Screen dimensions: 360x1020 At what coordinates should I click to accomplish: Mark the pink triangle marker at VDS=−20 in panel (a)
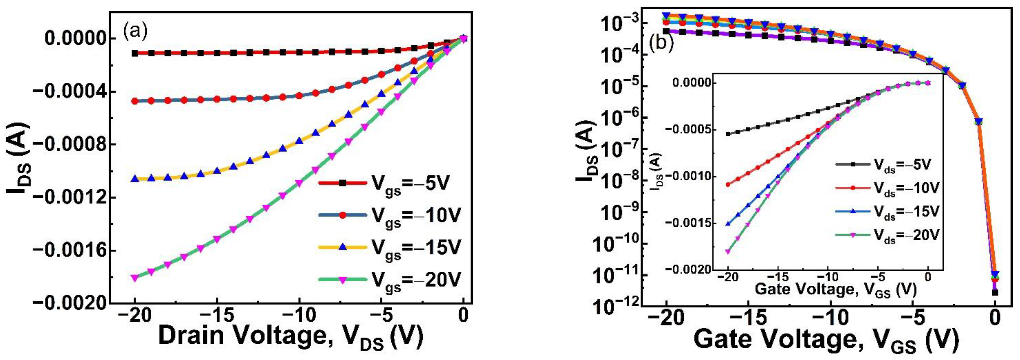pyautogui.click(x=135, y=278)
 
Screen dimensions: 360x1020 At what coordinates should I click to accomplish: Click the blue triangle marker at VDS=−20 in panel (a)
pyautogui.click(x=135, y=179)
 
